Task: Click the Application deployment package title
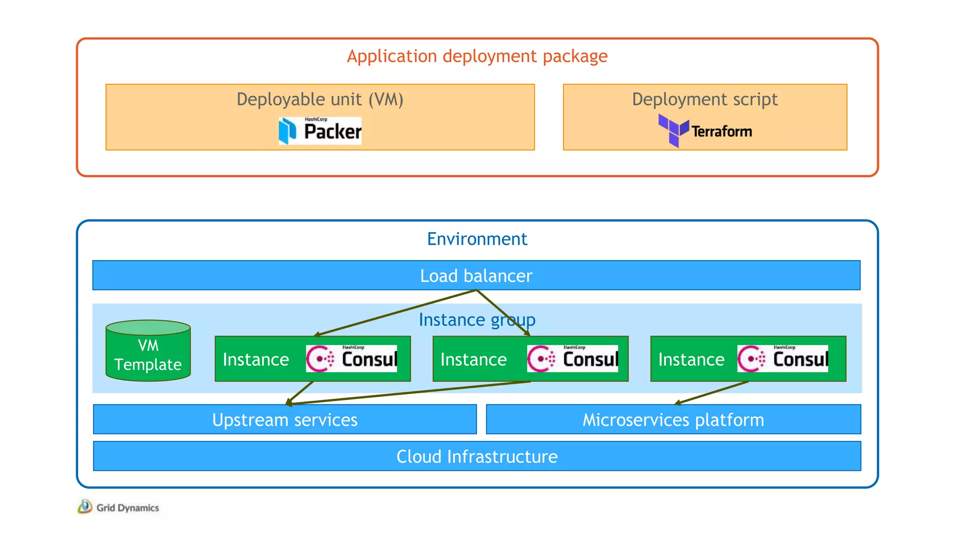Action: (x=477, y=56)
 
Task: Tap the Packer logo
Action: (x=320, y=131)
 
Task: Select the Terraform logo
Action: (x=705, y=131)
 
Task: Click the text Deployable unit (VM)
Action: (x=320, y=99)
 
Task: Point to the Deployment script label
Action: (x=705, y=99)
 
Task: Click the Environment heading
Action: (x=477, y=239)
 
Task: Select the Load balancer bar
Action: (x=476, y=275)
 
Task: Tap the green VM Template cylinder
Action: (x=148, y=351)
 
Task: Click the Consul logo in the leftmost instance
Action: (x=352, y=359)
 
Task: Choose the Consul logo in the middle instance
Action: (x=572, y=359)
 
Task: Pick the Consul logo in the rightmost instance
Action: (x=783, y=359)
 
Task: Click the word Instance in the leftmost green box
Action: (x=256, y=360)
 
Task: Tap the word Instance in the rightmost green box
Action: (x=691, y=360)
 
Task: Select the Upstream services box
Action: (x=285, y=420)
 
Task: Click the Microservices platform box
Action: (x=673, y=420)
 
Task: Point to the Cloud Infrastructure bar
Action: (x=477, y=456)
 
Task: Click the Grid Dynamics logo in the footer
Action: (x=119, y=507)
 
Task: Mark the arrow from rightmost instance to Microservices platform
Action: (x=712, y=393)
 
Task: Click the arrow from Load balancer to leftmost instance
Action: (x=396, y=312)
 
